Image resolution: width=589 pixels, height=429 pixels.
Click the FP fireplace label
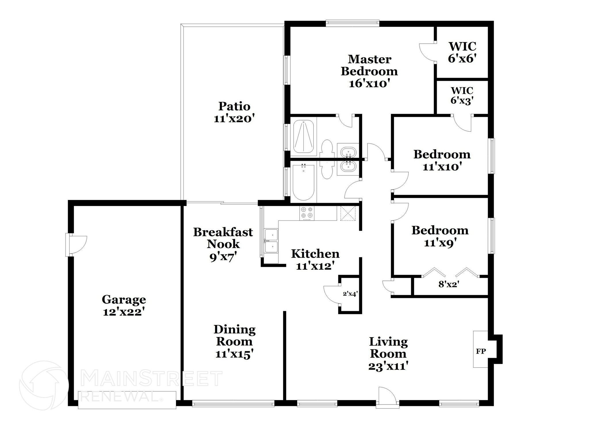(x=481, y=351)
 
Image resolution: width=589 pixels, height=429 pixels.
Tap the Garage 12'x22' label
(x=124, y=305)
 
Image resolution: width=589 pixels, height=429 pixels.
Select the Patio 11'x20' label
(x=234, y=112)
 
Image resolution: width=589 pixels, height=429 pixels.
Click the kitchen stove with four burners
(x=307, y=213)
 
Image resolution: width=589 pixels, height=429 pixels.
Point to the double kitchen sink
(x=271, y=241)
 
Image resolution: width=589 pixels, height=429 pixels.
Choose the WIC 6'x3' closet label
(x=462, y=95)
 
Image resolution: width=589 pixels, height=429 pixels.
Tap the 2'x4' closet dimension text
(x=350, y=294)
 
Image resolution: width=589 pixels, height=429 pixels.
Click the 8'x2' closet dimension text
(x=448, y=285)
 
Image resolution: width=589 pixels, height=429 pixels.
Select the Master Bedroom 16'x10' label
(x=369, y=71)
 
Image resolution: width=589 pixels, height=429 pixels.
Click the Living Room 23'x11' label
(x=388, y=354)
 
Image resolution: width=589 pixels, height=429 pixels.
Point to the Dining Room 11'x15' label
(x=234, y=341)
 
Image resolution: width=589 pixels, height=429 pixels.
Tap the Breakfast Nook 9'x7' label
(x=223, y=244)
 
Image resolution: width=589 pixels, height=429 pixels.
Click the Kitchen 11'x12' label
(x=315, y=260)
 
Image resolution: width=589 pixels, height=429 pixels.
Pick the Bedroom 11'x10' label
(x=442, y=160)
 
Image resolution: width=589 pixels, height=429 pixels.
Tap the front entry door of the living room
(x=387, y=397)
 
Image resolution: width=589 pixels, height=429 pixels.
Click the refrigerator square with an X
(x=348, y=213)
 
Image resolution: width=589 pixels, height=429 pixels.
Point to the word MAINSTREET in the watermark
(x=152, y=379)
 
